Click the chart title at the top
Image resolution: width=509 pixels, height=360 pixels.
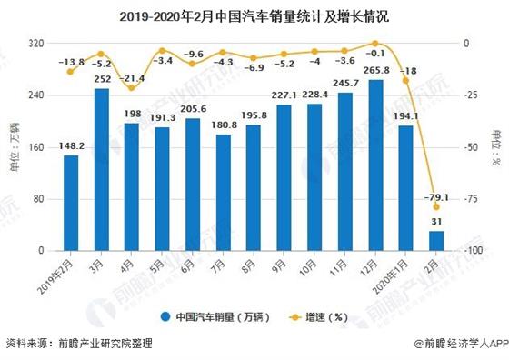click(254, 16)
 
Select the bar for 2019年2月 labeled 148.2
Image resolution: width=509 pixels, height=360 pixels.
click(71, 203)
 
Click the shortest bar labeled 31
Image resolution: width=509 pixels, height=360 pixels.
click(436, 241)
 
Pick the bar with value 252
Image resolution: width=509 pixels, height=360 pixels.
click(101, 169)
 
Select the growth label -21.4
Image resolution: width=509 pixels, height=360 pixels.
click(133, 78)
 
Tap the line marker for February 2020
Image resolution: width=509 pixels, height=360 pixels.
click(436, 207)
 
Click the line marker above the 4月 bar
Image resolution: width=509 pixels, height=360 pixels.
click(132, 88)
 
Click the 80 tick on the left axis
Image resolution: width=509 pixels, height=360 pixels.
click(38, 198)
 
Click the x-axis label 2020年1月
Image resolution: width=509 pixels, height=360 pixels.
click(397, 270)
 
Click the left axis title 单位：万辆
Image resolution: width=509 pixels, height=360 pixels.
click(14, 147)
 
